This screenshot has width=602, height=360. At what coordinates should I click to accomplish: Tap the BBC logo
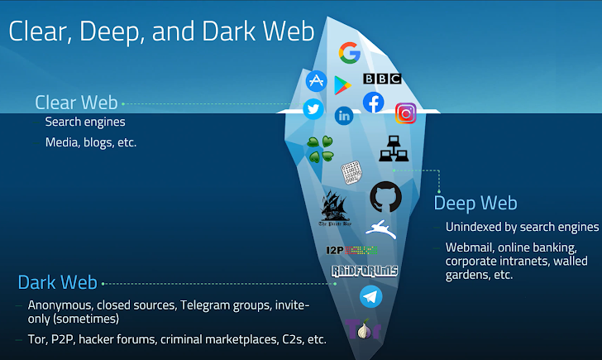(382, 79)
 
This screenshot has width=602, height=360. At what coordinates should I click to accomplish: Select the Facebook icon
(374, 103)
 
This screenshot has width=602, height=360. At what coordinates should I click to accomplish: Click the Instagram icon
(405, 113)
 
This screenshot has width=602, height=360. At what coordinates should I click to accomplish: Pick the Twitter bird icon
(313, 108)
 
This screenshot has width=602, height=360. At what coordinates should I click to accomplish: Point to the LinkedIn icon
(343, 116)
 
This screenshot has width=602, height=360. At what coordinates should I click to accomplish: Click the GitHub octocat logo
(385, 197)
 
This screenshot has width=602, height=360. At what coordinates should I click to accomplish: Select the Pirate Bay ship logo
(335, 208)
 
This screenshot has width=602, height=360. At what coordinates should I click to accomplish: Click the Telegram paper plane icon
(370, 296)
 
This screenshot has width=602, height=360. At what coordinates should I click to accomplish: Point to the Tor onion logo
(362, 330)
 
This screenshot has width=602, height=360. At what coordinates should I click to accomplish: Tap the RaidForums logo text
(365, 271)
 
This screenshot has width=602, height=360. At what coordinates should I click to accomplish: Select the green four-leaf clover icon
(320, 148)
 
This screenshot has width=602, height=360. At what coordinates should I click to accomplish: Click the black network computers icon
(394, 149)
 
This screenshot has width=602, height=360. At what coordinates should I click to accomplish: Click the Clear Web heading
(77, 103)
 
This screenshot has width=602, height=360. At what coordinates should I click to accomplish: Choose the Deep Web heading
(475, 203)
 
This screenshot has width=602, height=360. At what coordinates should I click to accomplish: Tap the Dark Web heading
(57, 282)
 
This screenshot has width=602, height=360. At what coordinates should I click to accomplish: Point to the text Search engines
(85, 122)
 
